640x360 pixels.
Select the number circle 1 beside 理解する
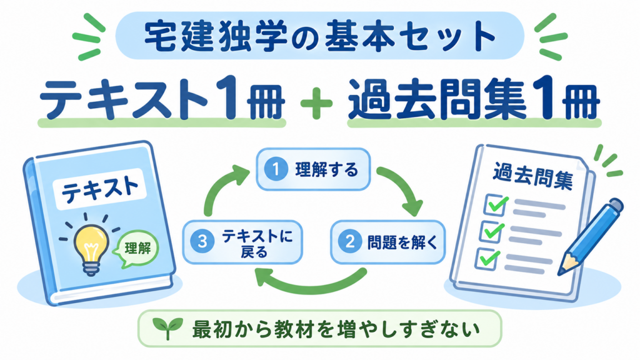point(276,169)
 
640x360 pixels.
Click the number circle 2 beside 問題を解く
point(350,242)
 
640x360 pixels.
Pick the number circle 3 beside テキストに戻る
point(202,242)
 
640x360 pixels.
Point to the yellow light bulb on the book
point(91,247)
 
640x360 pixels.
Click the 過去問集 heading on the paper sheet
point(533,177)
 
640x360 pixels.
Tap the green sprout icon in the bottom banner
point(167,328)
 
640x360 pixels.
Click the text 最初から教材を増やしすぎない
point(336,329)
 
